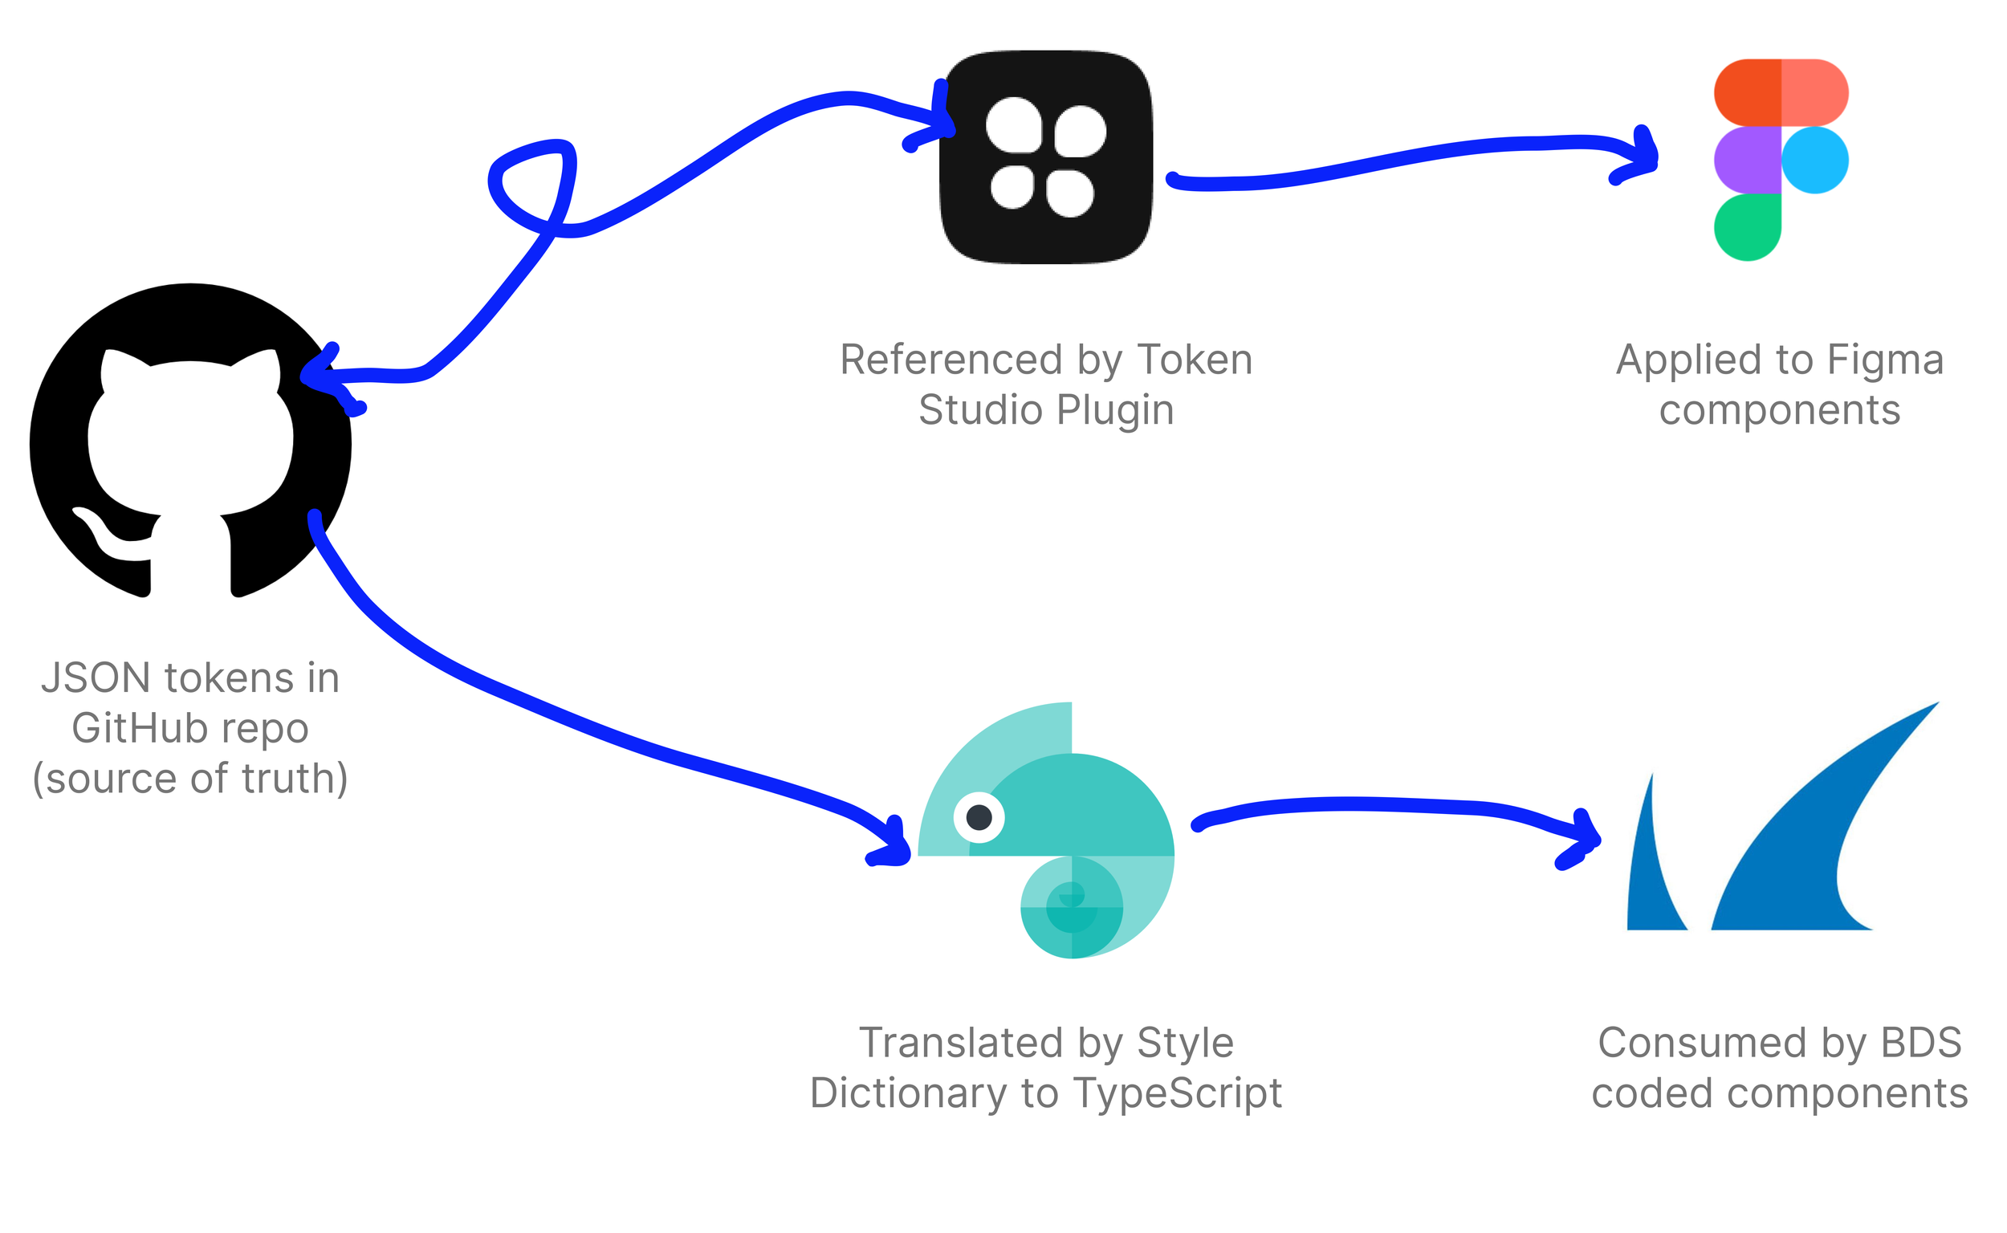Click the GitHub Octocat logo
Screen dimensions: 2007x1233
tap(191, 442)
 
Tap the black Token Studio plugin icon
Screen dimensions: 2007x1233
tap(1047, 157)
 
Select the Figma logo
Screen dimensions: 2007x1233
tap(1781, 160)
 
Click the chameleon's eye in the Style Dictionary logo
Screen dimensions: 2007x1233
tap(979, 816)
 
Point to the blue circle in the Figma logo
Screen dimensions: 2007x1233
tap(1815, 160)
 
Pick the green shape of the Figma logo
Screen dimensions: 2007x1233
tap(1748, 227)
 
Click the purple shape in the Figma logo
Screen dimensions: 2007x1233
tap(1748, 160)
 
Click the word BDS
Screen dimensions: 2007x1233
tap(1920, 1043)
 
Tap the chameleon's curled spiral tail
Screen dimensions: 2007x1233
tap(1072, 906)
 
